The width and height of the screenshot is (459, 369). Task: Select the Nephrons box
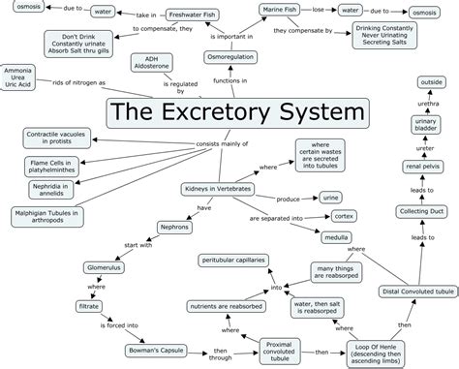click(178, 229)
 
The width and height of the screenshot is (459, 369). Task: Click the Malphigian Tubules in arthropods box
click(45, 216)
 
